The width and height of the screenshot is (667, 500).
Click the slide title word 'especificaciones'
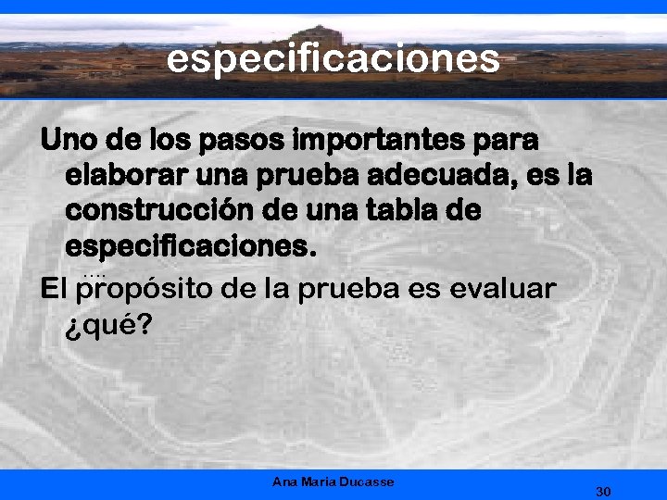tap(333, 58)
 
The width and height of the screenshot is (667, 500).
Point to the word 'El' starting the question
tap(54, 289)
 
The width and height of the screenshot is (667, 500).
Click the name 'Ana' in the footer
tap(284, 481)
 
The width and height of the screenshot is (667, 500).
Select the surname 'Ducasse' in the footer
tap(368, 481)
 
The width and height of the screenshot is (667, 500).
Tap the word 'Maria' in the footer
tap(319, 481)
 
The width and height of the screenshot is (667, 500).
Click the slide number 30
tap(602, 491)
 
